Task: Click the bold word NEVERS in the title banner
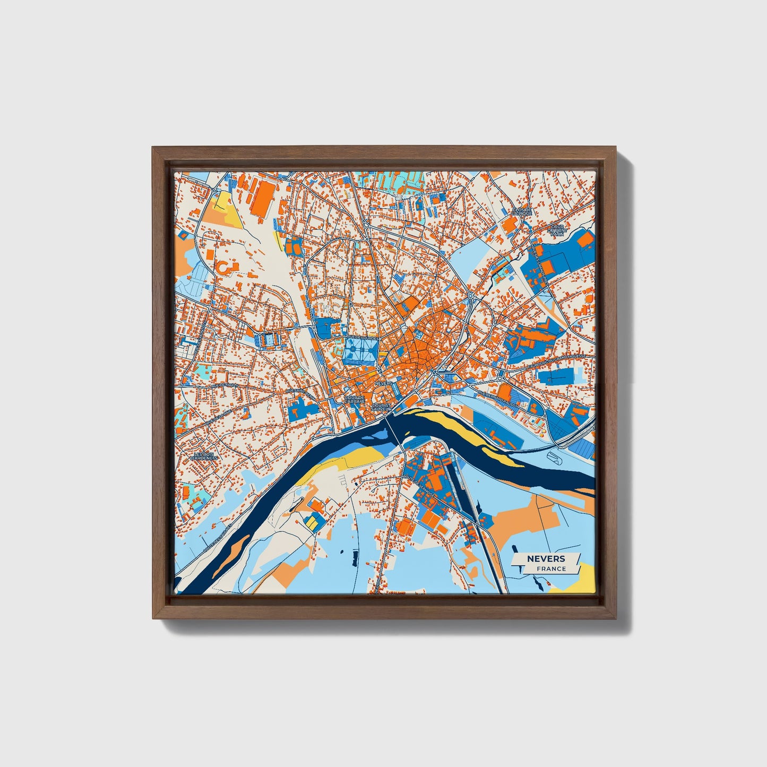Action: tap(546, 558)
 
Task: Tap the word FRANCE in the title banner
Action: tap(550, 568)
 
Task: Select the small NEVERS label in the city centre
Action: tap(383, 383)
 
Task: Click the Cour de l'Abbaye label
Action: tap(354, 399)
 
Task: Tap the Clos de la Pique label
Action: tap(522, 213)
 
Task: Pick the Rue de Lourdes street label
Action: tap(363, 338)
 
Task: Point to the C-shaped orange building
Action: tap(225, 268)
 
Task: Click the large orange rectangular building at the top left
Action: tap(262, 198)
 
